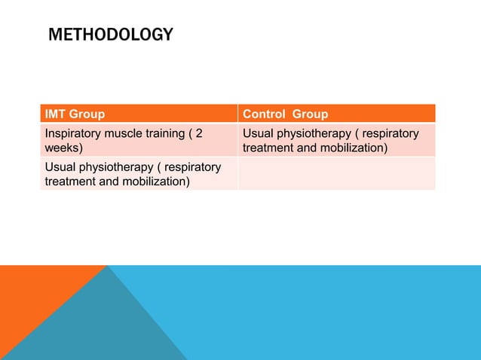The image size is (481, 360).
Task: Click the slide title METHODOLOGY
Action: tap(110, 35)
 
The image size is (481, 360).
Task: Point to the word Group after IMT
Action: tap(87, 114)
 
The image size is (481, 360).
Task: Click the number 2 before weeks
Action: tap(199, 133)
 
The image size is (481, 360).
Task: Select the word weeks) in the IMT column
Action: tap(64, 148)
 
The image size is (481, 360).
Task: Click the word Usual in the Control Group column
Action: tap(259, 133)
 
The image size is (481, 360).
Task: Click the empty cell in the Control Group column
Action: tap(336, 174)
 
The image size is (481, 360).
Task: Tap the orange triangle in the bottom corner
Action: tap(30, 301)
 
